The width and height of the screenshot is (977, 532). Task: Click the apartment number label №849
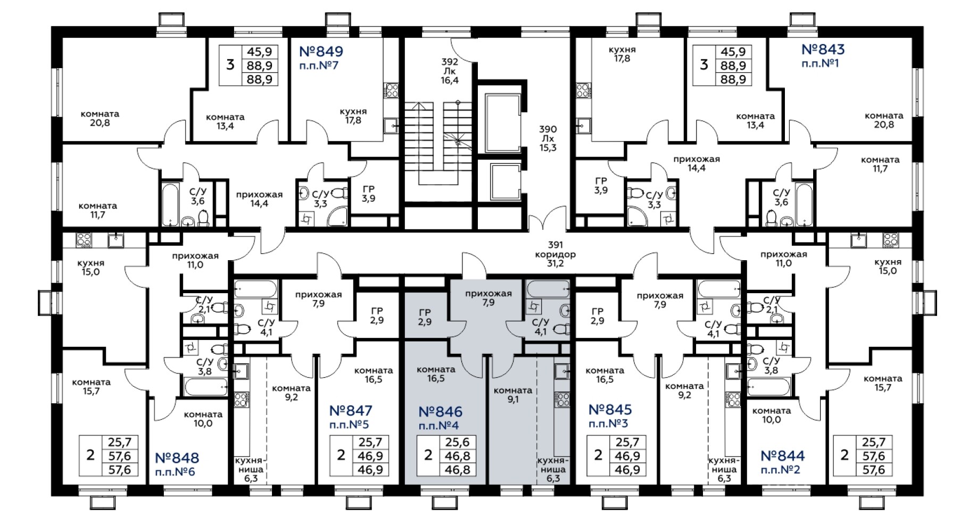(x=321, y=52)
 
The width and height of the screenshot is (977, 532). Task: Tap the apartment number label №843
(x=823, y=49)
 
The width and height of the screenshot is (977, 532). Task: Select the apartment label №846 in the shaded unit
(x=440, y=412)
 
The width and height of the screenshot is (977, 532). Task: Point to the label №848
(x=177, y=458)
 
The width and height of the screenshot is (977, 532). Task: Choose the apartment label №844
(x=782, y=456)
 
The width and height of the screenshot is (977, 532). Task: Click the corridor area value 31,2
(x=555, y=263)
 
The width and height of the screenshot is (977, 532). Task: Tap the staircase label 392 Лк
(x=450, y=66)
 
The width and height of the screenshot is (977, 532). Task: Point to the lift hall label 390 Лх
(x=548, y=134)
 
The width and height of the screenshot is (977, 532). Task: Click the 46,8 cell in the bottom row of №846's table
(x=457, y=469)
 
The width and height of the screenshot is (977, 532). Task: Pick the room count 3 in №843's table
(x=703, y=65)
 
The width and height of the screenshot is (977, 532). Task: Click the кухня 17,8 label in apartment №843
(x=622, y=54)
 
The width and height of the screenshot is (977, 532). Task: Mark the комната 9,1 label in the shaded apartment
(x=512, y=395)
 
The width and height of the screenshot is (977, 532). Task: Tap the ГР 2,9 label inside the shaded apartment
(x=425, y=317)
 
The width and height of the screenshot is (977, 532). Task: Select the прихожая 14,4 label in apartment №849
(x=259, y=199)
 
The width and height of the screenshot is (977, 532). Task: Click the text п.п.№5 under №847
(x=349, y=425)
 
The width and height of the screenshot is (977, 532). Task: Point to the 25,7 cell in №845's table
(x=627, y=442)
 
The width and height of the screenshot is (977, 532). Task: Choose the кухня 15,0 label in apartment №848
(x=90, y=268)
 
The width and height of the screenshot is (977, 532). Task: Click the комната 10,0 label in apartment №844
(x=772, y=415)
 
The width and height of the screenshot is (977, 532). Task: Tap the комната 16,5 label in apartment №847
(x=373, y=375)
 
